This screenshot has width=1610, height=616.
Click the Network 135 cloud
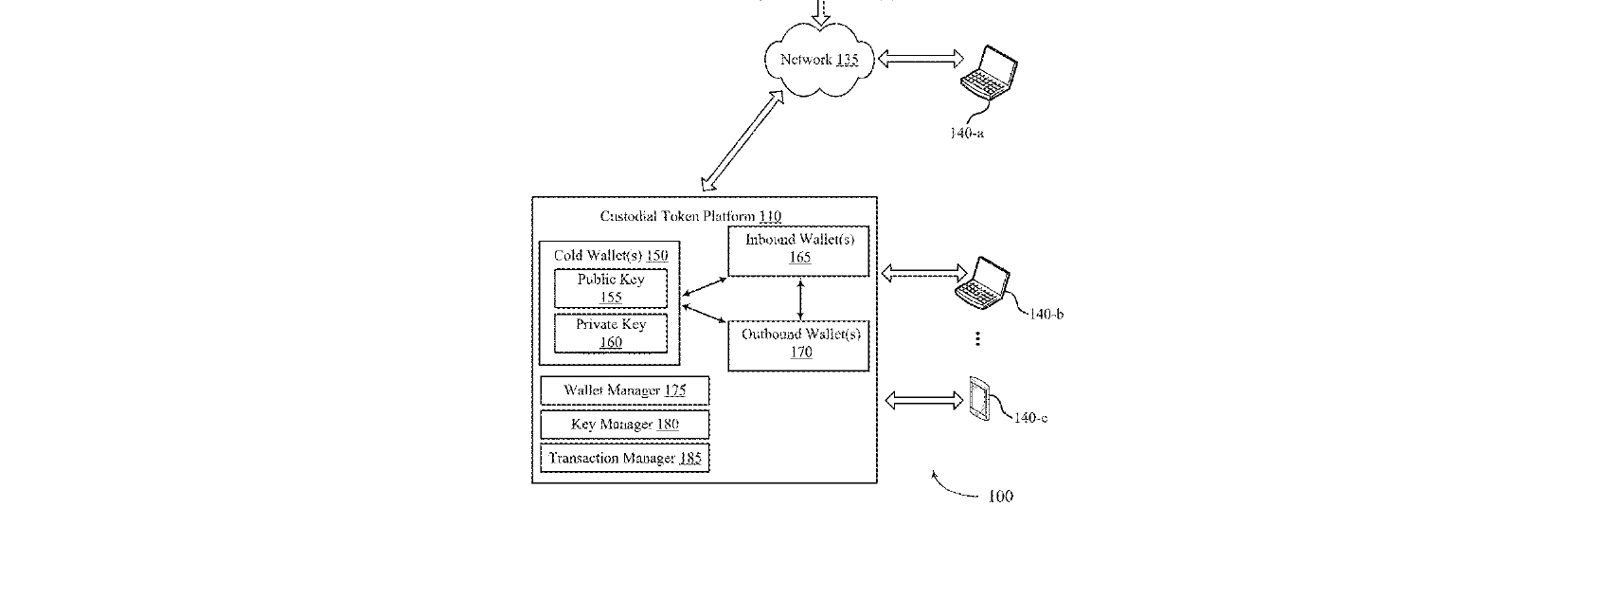(x=819, y=60)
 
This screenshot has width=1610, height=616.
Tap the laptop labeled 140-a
(x=989, y=71)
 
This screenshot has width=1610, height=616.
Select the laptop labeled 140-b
(x=982, y=282)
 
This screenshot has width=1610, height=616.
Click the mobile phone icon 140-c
(x=979, y=398)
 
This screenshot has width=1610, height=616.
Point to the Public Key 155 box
(x=610, y=288)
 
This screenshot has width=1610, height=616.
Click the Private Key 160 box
(x=610, y=334)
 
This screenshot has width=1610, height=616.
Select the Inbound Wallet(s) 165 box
(x=798, y=251)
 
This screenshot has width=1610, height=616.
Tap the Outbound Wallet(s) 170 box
(x=798, y=346)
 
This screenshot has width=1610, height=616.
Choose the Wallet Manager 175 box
(x=625, y=390)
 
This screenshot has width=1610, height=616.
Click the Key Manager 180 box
(x=625, y=425)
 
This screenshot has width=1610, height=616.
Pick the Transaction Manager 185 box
(x=625, y=459)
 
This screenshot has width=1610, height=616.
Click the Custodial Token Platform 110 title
(x=690, y=216)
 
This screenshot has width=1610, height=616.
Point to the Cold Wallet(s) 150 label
(x=611, y=256)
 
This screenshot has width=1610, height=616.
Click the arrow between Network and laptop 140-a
(x=921, y=59)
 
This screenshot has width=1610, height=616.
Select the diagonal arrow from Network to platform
(x=742, y=140)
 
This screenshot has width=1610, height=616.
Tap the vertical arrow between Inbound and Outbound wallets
(x=800, y=299)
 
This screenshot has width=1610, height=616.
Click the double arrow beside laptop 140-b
(x=924, y=273)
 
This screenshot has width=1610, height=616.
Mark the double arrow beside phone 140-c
(x=923, y=400)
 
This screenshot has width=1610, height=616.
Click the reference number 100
(x=1000, y=496)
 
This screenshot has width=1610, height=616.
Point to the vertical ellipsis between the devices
(x=977, y=338)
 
